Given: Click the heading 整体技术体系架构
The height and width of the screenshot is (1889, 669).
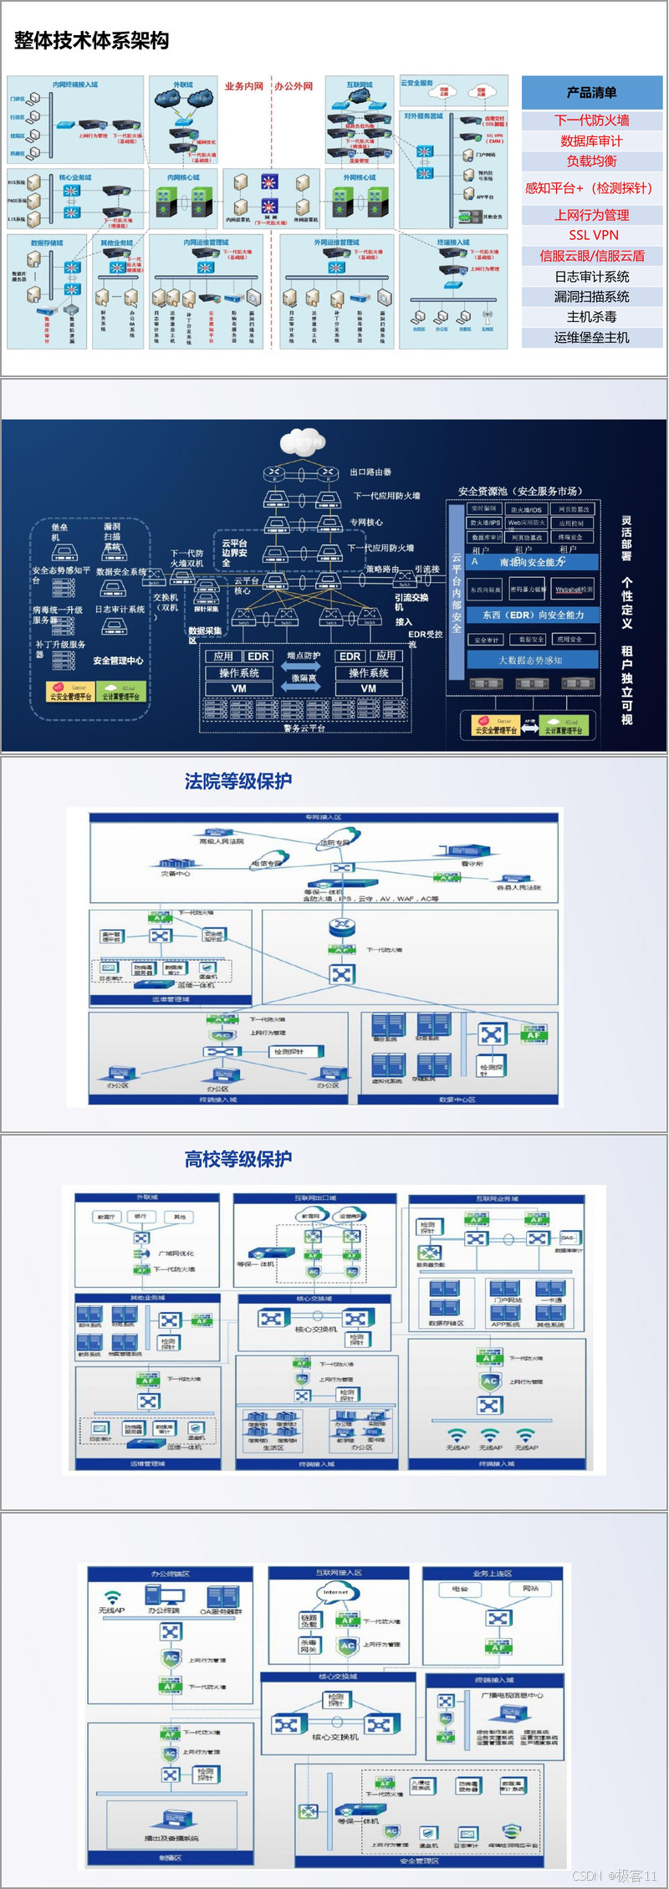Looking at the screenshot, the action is pyautogui.click(x=92, y=40).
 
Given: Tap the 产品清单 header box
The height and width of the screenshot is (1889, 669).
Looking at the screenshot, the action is pyautogui.click(x=592, y=93).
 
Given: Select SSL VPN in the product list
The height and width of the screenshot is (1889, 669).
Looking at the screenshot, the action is pyautogui.click(x=593, y=235).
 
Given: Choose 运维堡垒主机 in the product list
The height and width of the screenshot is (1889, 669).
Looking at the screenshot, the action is pyautogui.click(x=592, y=337).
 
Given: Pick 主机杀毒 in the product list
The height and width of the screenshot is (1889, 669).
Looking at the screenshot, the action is pyautogui.click(x=592, y=317).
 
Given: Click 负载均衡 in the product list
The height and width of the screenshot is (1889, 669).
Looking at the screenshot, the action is pyautogui.click(x=592, y=161).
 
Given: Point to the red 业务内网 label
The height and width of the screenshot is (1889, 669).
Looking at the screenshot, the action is pyautogui.click(x=243, y=86).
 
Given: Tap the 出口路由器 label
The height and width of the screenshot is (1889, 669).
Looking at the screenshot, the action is pyautogui.click(x=370, y=472).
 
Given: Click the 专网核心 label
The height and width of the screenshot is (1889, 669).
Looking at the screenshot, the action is pyautogui.click(x=366, y=522).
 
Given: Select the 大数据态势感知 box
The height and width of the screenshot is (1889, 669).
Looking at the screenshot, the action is pyautogui.click(x=531, y=660).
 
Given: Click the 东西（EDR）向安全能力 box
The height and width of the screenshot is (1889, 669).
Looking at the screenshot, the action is pyautogui.click(x=534, y=615).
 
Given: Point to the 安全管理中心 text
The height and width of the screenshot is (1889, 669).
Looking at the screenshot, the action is pyautogui.click(x=118, y=661).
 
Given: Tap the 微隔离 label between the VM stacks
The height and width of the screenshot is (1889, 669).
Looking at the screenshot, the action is pyautogui.click(x=304, y=678).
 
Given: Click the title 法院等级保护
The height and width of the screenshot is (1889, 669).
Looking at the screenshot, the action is pyautogui.click(x=238, y=781).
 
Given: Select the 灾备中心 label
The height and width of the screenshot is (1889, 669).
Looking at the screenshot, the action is pyautogui.click(x=176, y=874).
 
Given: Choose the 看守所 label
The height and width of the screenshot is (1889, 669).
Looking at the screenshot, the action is pyautogui.click(x=472, y=864).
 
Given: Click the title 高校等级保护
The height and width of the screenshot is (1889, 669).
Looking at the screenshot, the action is pyautogui.click(x=238, y=1159).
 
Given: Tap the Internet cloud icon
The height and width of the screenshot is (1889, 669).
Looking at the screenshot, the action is pyautogui.click(x=335, y=1592).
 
